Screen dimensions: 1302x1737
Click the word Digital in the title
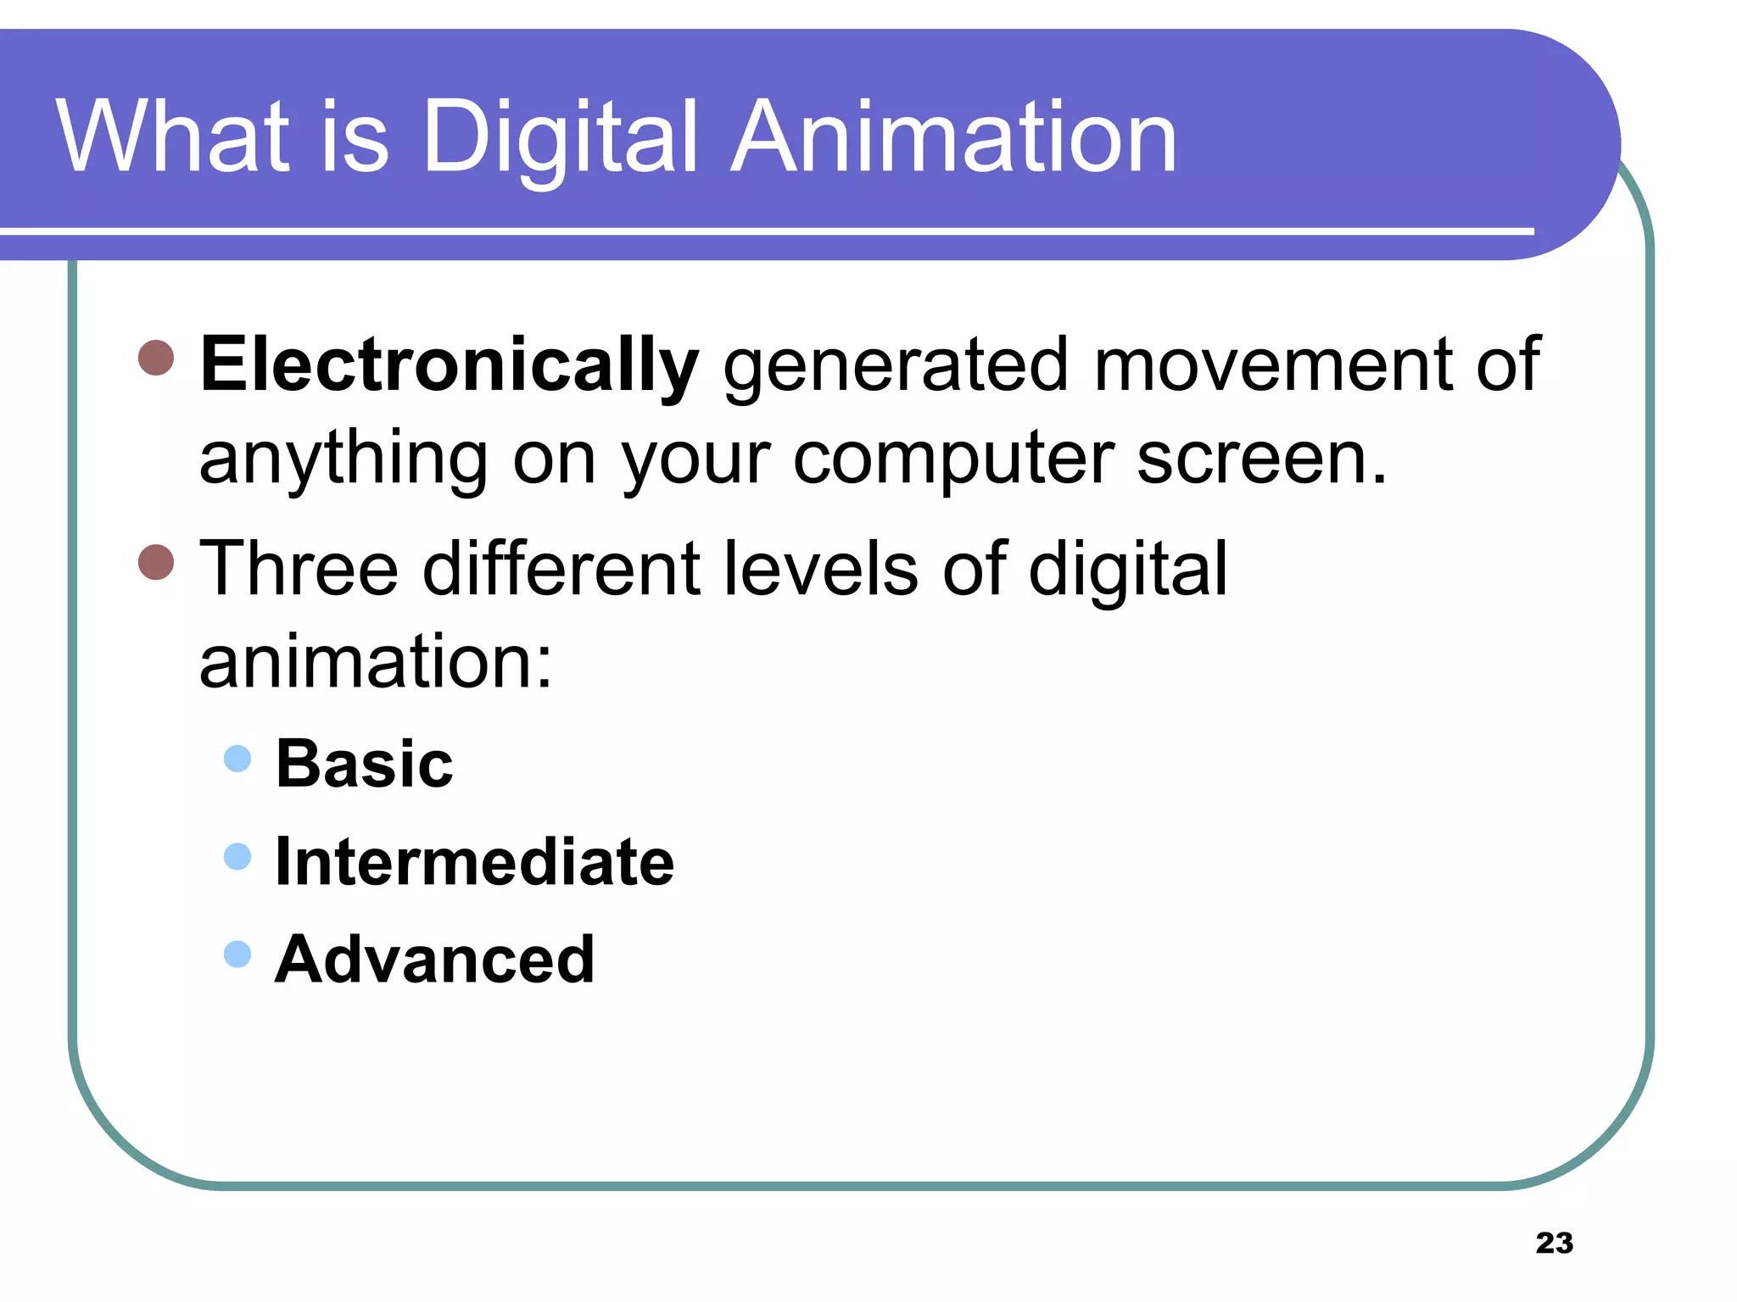coord(560,137)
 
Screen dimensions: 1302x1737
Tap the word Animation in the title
coord(953,137)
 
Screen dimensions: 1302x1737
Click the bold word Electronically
coord(449,365)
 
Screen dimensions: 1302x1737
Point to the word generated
coord(896,365)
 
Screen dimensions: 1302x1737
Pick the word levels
coord(820,569)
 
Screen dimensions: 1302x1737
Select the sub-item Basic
coord(365,764)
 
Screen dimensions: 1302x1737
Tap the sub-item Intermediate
coord(475,862)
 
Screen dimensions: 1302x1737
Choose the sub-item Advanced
coord(434,960)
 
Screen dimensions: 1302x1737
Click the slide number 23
coord(1554,1243)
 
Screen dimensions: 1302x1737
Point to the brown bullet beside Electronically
coord(156,358)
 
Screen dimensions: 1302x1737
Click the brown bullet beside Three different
coord(156,561)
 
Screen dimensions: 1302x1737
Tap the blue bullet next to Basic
coord(237,758)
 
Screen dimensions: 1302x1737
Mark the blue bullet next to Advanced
coord(237,954)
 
